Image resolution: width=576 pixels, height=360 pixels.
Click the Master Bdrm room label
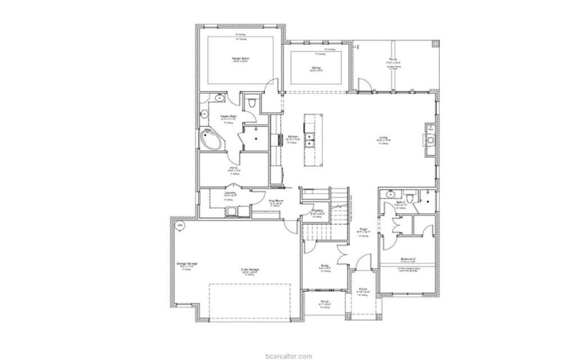[235, 58]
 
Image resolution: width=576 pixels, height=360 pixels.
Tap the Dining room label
[316, 68]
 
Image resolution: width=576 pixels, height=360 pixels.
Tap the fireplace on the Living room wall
[431, 140]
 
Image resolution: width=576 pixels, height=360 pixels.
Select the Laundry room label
[229, 193]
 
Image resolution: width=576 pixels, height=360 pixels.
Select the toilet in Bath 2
[409, 197]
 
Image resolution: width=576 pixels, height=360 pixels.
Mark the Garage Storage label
[187, 264]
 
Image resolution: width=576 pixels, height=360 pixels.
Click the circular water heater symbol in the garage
[179, 225]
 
